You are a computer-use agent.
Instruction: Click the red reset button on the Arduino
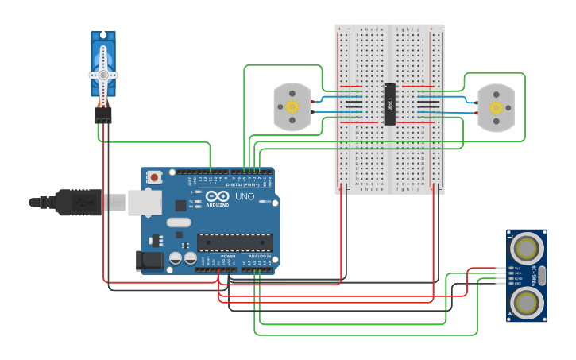(x=154, y=177)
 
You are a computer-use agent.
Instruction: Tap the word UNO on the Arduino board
(x=244, y=195)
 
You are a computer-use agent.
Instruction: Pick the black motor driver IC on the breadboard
(x=389, y=104)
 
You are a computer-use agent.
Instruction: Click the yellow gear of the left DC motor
(x=292, y=106)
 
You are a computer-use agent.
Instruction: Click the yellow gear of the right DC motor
(x=497, y=107)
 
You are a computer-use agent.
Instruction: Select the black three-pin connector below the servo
(x=103, y=114)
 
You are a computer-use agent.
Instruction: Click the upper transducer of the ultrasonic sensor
(x=527, y=249)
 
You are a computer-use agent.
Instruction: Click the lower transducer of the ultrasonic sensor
(x=527, y=302)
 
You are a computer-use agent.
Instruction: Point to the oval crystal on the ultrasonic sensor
(x=542, y=276)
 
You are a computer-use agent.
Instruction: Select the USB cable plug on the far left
(x=75, y=203)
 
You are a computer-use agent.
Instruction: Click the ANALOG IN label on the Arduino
(x=260, y=257)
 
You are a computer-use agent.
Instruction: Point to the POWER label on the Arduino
(x=228, y=257)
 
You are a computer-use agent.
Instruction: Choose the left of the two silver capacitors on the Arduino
(x=176, y=258)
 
